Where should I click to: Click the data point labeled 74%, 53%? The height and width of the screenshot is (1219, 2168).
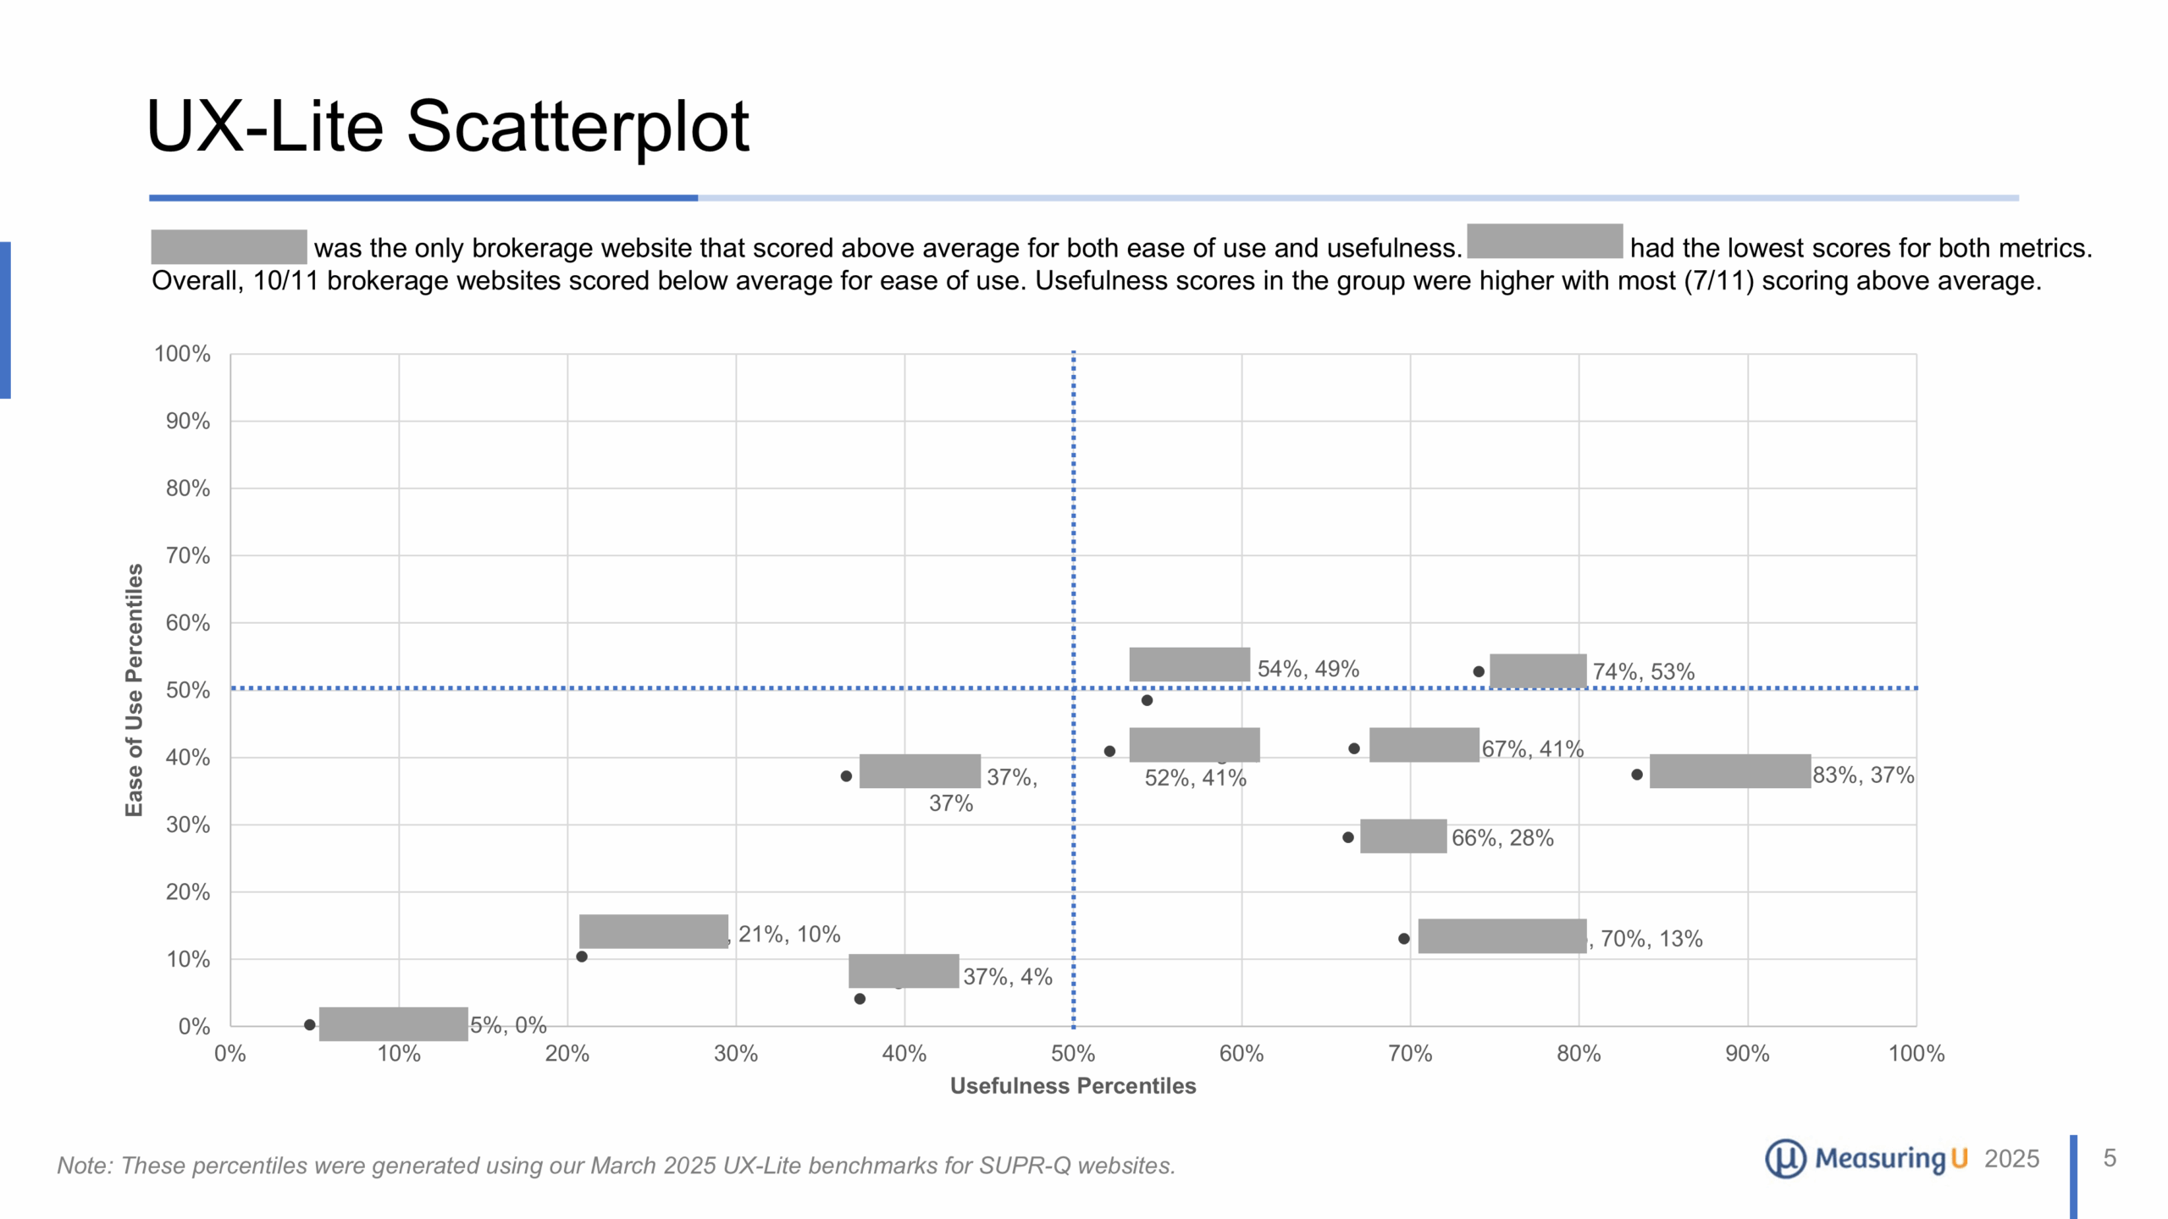[1479, 671]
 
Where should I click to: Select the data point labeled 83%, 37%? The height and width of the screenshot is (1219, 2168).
[1637, 775]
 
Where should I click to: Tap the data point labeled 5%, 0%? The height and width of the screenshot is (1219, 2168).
[310, 1024]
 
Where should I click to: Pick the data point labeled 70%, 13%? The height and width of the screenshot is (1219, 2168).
[1403, 938]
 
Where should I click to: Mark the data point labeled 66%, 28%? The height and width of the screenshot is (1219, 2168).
[1348, 837]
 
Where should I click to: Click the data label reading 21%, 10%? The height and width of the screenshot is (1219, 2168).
[788, 935]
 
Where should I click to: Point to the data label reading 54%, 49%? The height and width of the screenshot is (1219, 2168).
[1308, 669]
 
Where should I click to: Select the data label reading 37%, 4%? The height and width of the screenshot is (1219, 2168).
[1007, 977]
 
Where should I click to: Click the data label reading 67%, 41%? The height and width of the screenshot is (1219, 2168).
[1532, 749]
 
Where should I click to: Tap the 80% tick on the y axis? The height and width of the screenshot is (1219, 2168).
[188, 488]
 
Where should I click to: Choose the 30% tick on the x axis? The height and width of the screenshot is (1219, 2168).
[735, 1054]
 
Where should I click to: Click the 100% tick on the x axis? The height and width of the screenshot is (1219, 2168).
[1916, 1054]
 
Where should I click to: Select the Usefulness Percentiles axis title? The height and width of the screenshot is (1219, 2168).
[1072, 1086]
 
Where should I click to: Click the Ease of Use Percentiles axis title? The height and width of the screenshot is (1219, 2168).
[134, 690]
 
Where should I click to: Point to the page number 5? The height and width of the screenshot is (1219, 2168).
[2110, 1158]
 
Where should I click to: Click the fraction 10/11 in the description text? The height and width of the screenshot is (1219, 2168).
[285, 281]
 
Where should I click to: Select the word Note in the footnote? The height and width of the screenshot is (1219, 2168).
[82, 1166]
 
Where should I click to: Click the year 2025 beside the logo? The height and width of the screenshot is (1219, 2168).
[2011, 1159]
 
